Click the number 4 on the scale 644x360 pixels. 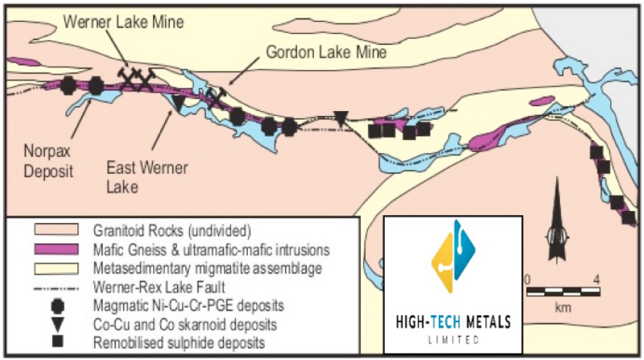coord(597,279)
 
